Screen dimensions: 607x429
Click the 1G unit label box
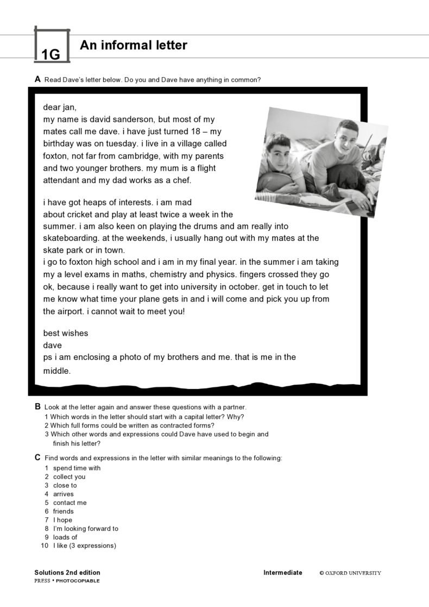pyautogui.click(x=51, y=46)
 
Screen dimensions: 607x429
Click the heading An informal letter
pyautogui.click(x=133, y=46)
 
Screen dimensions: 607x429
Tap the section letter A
pyautogui.click(x=37, y=79)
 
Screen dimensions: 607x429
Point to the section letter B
pyautogui.click(x=37, y=406)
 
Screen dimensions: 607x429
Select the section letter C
pyautogui.click(x=37, y=458)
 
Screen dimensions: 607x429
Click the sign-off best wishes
pyautogui.click(x=65, y=333)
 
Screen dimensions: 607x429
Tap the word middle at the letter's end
pyautogui.click(x=57, y=371)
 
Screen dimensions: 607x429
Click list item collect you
pyautogui.click(x=69, y=477)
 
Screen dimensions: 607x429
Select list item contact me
pyautogui.click(x=70, y=503)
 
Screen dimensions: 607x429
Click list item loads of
pyautogui.click(x=65, y=537)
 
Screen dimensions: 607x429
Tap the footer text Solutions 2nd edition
pyautogui.click(x=67, y=572)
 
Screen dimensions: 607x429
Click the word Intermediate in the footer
pyautogui.click(x=282, y=572)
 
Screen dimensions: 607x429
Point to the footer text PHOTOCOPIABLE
pyautogui.click(x=78, y=580)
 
